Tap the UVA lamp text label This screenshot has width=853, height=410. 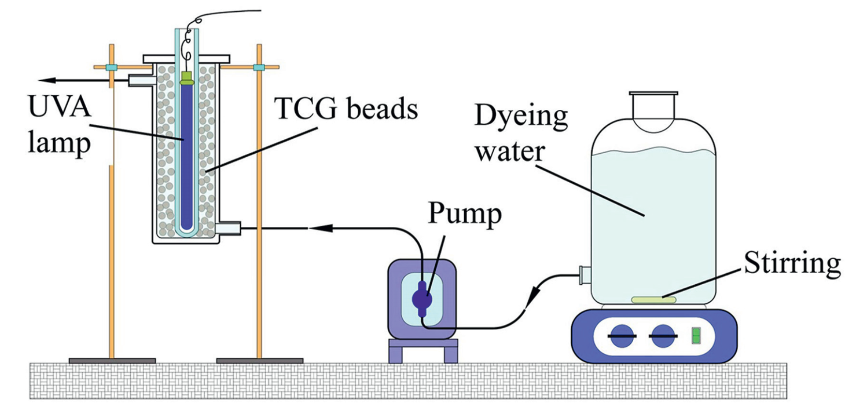pos(59,125)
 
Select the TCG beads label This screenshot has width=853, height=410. pos(346,109)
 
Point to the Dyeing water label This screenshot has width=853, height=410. pos(520,133)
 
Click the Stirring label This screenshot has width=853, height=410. pos(792,264)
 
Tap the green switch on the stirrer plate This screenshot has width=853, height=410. pos(696,336)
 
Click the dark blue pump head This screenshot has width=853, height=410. pos(422,299)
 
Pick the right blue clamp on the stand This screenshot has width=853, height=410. pos(259,67)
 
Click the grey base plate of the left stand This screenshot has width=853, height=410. pos(112,361)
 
